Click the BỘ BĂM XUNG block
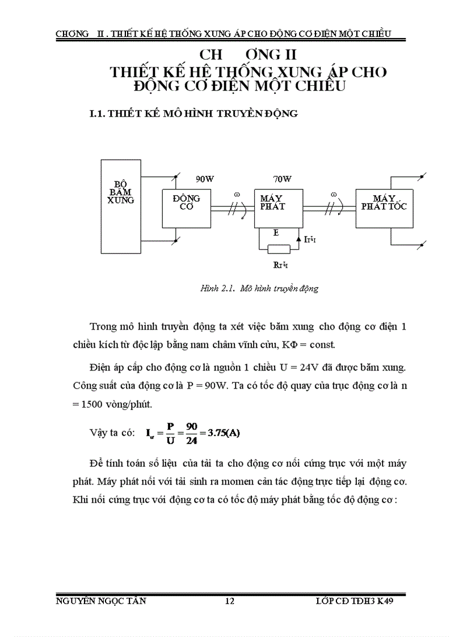[x=120, y=209]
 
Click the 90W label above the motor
[x=205, y=179]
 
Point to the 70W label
[x=282, y=179]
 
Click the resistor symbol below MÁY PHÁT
[x=279, y=248]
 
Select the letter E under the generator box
[x=276, y=233]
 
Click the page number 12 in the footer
[x=230, y=602]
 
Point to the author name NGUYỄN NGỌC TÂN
[x=102, y=602]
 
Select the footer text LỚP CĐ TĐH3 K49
[x=354, y=602]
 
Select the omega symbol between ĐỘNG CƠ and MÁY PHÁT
[x=237, y=195]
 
